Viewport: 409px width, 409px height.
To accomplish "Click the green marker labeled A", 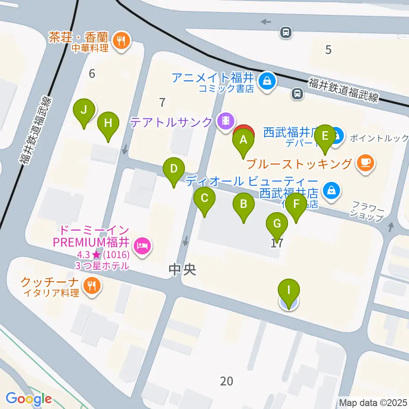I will point(243,140).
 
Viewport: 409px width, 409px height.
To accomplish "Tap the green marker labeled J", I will point(84,111).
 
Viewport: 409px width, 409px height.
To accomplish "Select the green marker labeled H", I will point(108,124).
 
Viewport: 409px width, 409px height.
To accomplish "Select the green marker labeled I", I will point(288,291).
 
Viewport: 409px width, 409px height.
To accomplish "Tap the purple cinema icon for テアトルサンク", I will point(225,121).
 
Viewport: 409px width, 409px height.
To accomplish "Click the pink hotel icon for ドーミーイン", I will point(141,245).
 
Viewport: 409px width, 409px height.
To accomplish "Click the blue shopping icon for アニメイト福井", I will point(268,80).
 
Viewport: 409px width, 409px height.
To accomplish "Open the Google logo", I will point(29,399).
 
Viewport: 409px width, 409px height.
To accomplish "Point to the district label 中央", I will point(182,269).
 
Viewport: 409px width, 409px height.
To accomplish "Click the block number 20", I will point(227,381).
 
